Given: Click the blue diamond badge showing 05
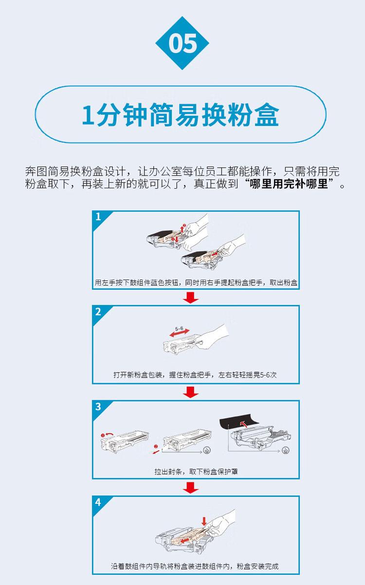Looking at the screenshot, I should tap(182, 43).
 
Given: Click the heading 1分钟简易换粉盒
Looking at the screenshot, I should tap(181, 115).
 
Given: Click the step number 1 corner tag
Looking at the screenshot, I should tap(99, 217).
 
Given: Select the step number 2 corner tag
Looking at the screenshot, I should tap(99, 312).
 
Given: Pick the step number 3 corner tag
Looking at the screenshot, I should tap(99, 407).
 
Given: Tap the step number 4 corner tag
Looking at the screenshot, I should tap(99, 502).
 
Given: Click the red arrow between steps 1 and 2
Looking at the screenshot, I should tap(192, 297).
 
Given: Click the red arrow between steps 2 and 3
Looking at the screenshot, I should tap(192, 392).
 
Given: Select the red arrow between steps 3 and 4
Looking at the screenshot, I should tap(192, 487).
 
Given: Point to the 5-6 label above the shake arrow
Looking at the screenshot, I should tap(178, 329).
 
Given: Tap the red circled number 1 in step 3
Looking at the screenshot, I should tap(103, 434).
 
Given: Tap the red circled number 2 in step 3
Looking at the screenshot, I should tap(156, 446).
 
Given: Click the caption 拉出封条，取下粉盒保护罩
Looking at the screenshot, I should tap(196, 471).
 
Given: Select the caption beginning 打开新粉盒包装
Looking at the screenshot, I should tap(195, 375).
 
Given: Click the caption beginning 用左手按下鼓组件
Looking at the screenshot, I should tap(196, 282).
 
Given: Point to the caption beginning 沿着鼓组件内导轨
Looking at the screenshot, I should tap(195, 567).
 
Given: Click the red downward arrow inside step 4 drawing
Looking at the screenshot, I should tap(204, 521).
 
